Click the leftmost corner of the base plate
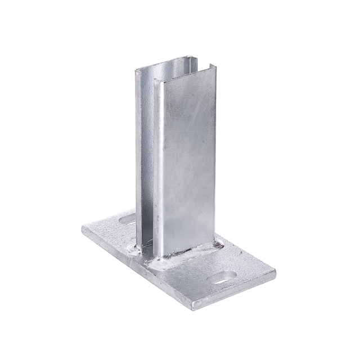(x=82, y=230)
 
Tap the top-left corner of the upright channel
(x=135, y=70)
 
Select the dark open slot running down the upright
(x=153, y=169)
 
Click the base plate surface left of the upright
(x=110, y=236)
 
